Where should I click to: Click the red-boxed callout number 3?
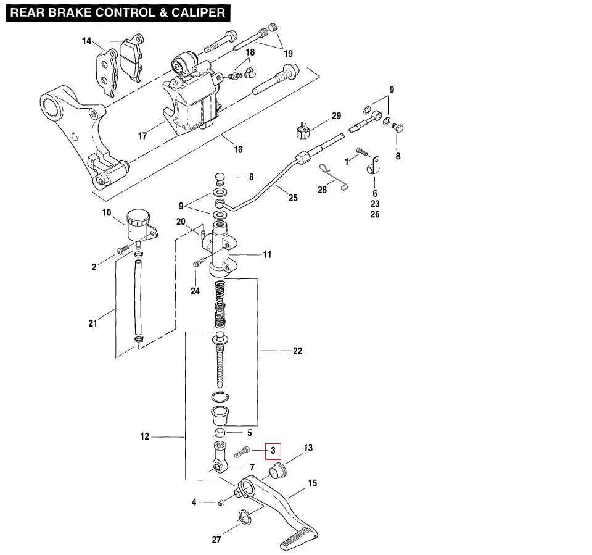273,451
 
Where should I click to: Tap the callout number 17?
142,136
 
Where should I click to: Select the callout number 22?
297,351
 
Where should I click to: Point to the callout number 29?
337,115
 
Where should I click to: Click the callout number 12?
144,436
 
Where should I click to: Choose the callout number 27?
216,540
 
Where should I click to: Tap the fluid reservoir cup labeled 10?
138,225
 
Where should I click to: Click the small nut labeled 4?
221,503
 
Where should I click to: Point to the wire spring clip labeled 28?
334,177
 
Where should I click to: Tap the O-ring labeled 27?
245,517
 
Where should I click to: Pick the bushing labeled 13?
277,470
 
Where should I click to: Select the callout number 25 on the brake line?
293,198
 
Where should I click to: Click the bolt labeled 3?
242,452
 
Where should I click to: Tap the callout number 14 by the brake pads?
86,41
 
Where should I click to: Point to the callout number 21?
92,323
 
